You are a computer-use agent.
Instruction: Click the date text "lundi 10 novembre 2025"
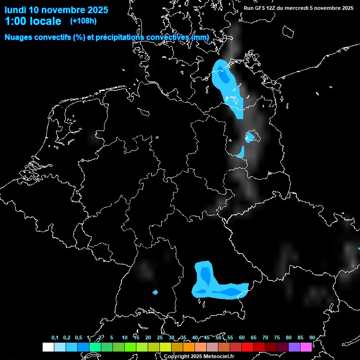coord(56,10)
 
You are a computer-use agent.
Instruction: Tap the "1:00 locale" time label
coord(33,21)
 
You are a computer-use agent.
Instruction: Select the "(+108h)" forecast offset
coord(83,21)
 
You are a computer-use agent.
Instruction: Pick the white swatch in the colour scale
coord(48,347)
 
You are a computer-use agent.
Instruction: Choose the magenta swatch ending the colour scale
coord(306,347)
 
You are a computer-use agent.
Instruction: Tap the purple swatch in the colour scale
coord(294,347)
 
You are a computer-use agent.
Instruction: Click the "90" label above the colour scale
coord(312,337)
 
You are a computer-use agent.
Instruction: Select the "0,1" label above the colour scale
coord(55,337)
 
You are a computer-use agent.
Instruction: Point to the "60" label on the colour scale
coord(242,337)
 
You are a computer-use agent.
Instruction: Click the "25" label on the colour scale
coord(160,337)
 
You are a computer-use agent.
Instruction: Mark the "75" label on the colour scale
coord(277,337)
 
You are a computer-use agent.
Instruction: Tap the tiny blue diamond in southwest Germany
coord(156,292)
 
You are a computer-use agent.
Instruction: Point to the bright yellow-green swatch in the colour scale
coord(165,347)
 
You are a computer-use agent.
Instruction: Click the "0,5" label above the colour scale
coord(78,337)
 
